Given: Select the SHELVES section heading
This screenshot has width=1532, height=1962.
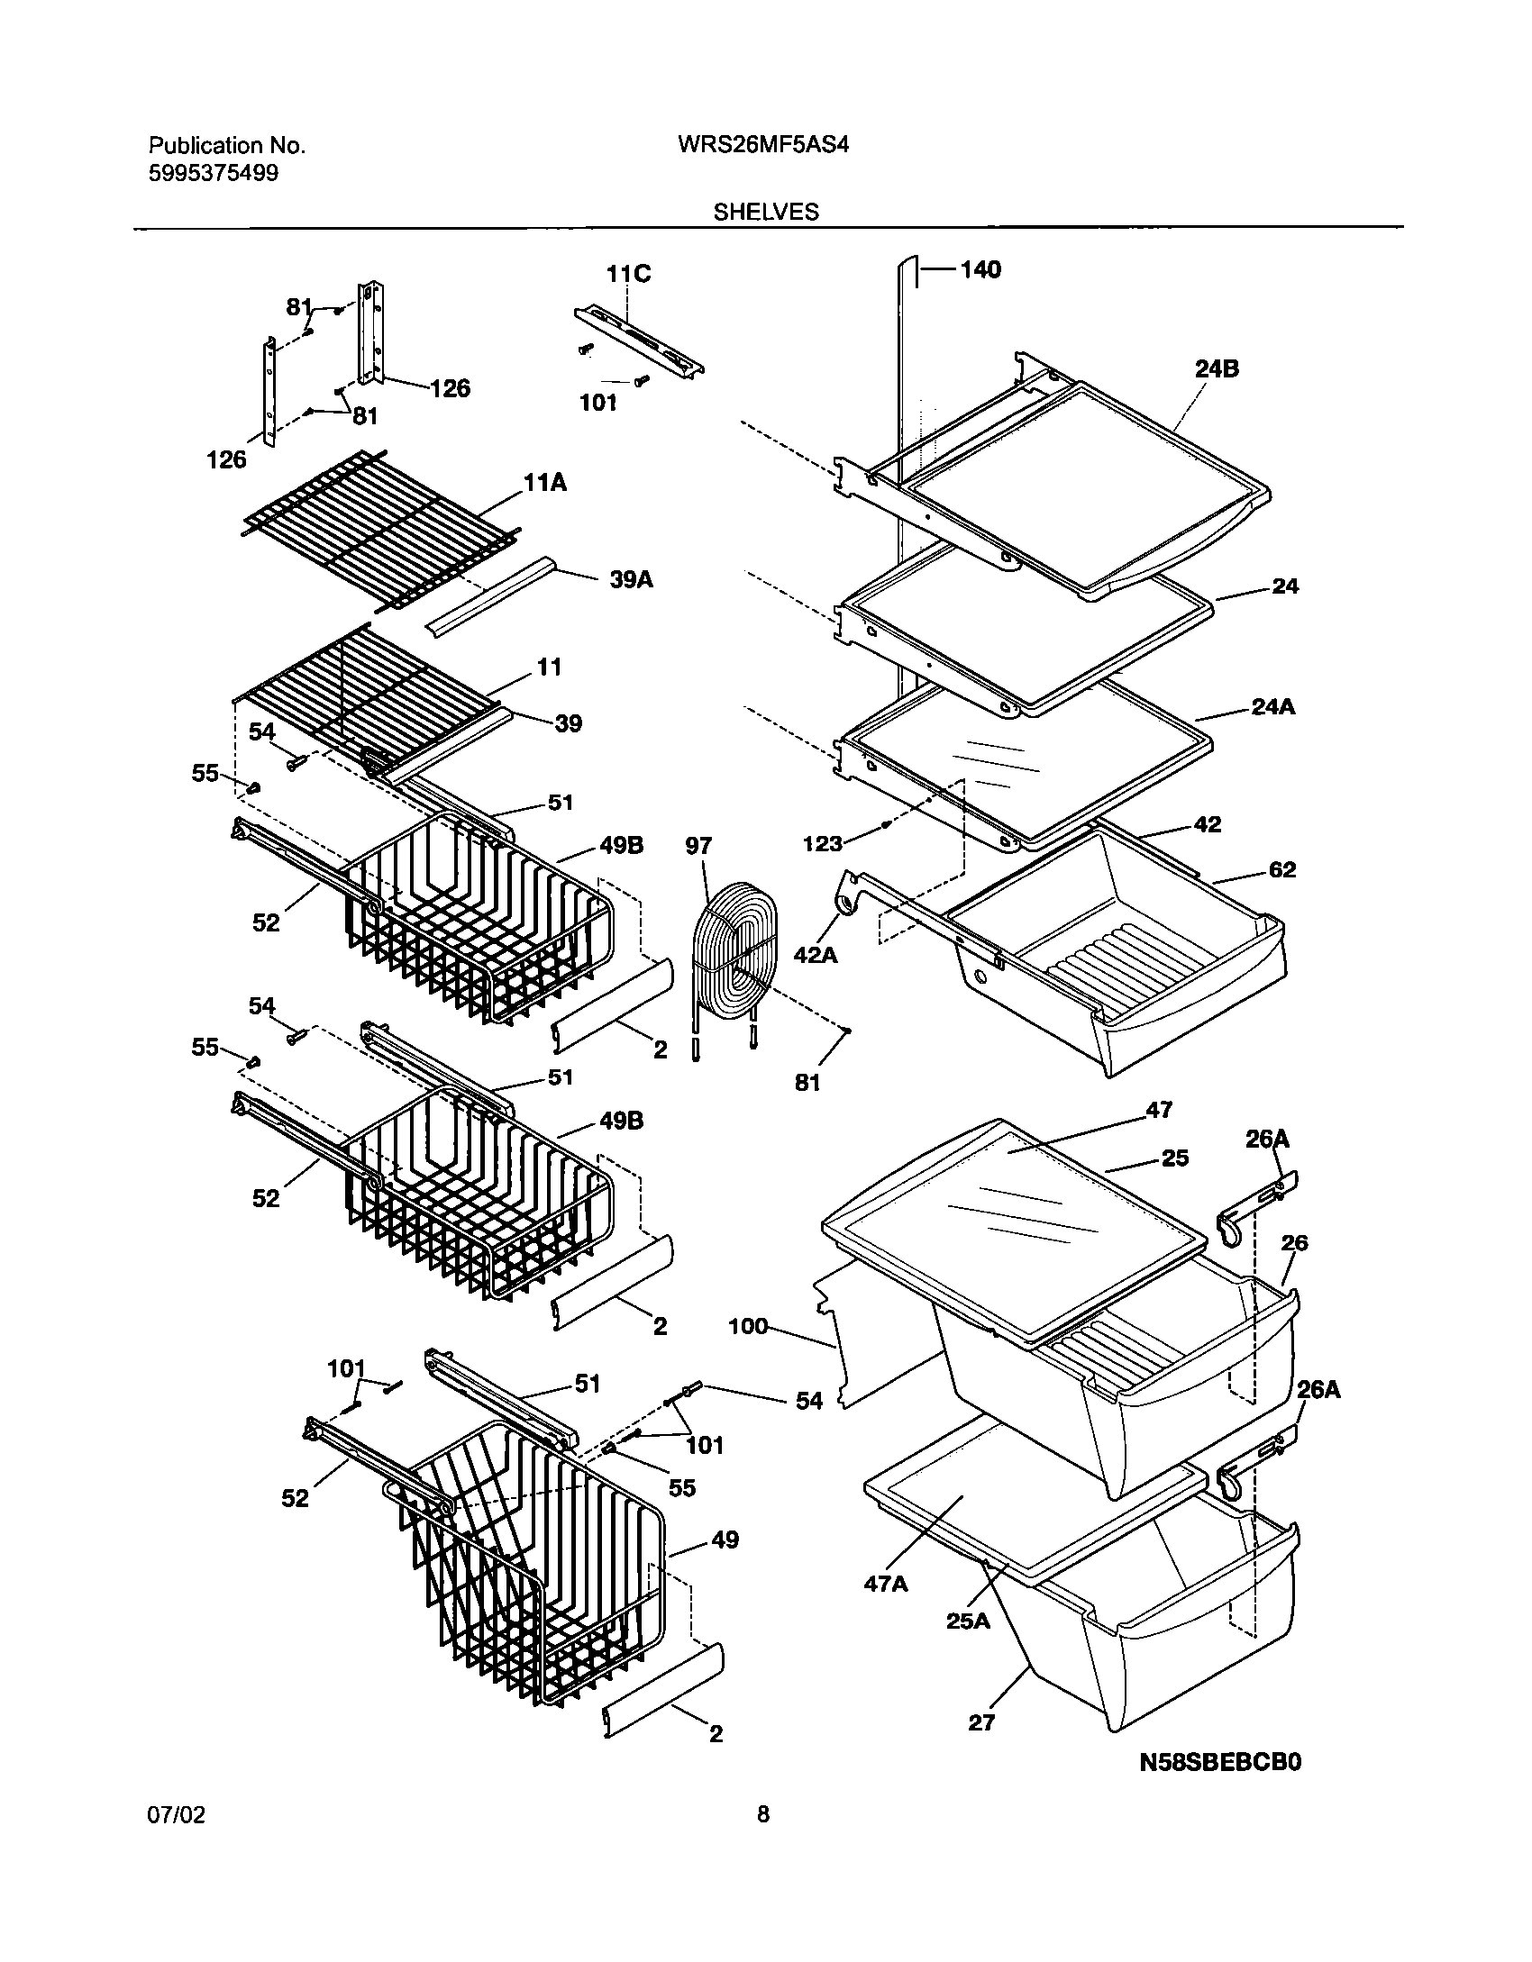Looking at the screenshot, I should [766, 212].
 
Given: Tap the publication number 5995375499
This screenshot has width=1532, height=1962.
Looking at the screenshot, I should [214, 174].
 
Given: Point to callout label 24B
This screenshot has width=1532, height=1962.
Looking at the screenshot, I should [1217, 368].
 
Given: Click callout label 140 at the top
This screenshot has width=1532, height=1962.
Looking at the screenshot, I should [980, 269].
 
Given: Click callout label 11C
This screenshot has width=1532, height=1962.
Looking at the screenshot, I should [628, 273].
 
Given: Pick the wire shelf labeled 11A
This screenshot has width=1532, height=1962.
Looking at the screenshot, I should [378, 531].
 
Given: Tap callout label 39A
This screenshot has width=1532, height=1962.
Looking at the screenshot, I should [631, 580].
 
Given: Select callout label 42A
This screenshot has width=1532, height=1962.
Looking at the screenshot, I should [816, 954].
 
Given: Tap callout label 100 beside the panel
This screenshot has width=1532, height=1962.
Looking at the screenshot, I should [748, 1327].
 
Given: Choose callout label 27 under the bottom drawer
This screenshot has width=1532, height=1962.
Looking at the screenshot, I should [981, 1722].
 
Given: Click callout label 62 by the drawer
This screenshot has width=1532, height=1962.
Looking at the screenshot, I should [1281, 870].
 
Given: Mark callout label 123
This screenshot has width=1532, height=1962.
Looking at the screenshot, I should [823, 843].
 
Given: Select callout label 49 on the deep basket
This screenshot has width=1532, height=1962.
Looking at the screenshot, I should [725, 1540].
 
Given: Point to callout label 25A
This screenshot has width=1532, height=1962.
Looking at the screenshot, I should [968, 1621].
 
